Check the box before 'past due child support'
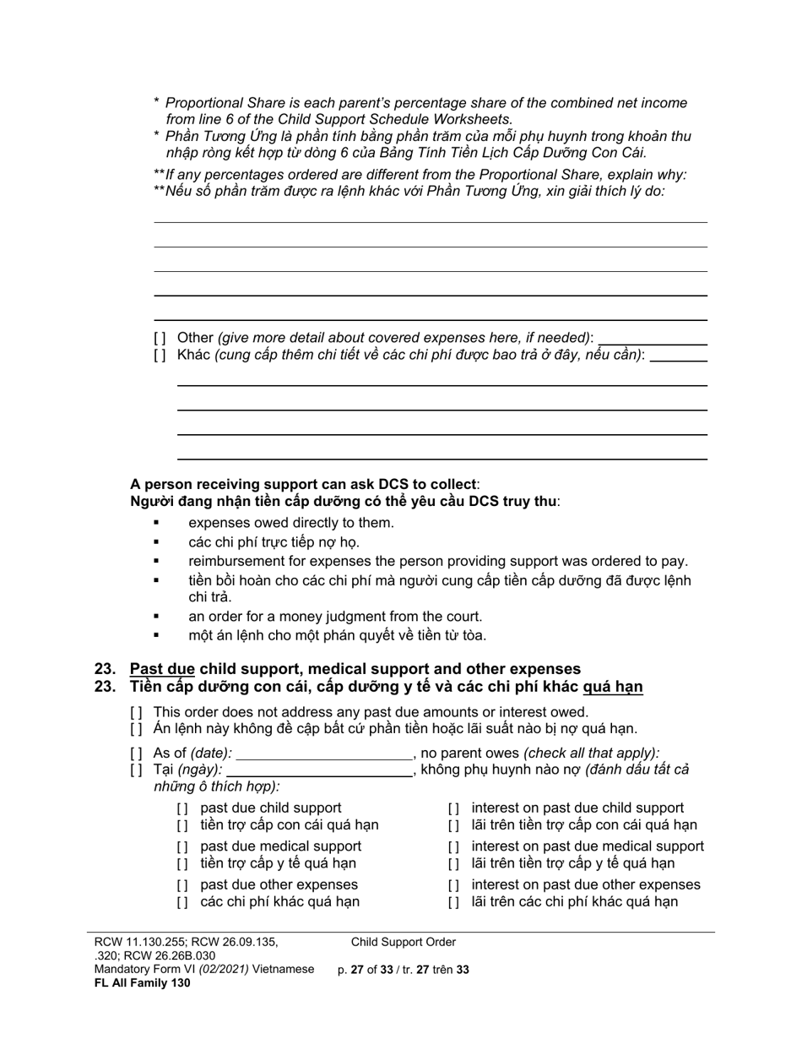pos(182,808)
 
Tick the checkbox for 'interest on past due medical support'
pos(453,846)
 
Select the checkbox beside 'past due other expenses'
pos(182,885)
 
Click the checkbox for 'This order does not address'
pos(136,712)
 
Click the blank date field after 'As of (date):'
pos(323,753)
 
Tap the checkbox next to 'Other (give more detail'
pos(160,338)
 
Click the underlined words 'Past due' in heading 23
pos(162,669)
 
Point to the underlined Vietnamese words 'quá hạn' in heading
pos(613,687)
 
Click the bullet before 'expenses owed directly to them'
pos(157,523)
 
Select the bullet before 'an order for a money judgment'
pos(157,617)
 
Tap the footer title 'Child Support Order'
pos(404,942)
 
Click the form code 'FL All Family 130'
pos(143,982)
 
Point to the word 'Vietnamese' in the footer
pos(282,969)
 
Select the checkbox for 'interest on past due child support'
pos(453,808)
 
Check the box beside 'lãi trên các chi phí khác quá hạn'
pos(453,902)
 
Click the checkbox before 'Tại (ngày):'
pos(136,770)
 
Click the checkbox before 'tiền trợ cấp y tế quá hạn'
pos(182,863)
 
